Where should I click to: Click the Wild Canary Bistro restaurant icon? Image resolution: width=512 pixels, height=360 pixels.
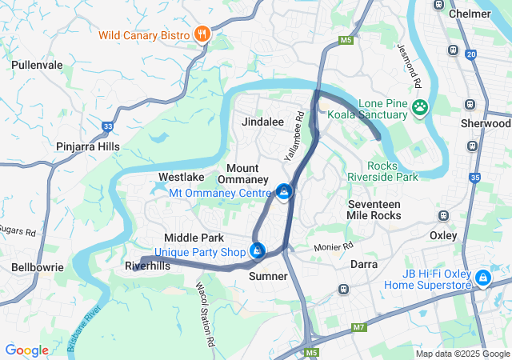202,34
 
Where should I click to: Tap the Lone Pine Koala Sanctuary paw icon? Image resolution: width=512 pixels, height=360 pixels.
420,106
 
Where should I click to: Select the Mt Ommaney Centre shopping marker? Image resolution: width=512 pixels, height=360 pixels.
283,192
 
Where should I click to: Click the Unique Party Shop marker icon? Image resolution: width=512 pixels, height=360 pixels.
257,251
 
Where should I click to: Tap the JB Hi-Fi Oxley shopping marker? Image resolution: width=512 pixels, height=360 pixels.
482,278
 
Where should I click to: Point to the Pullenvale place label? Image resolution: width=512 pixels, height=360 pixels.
37,64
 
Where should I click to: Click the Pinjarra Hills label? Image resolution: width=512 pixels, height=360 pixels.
87,146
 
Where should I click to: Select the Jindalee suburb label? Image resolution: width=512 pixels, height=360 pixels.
263,122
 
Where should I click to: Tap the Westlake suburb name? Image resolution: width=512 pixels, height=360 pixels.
181,176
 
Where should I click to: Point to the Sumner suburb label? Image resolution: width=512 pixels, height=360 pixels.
268,276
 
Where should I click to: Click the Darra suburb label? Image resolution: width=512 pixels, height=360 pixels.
364,263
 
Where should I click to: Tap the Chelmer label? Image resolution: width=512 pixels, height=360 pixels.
470,14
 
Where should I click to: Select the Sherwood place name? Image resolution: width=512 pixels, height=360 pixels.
486,124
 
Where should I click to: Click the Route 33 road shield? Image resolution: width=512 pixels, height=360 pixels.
108,126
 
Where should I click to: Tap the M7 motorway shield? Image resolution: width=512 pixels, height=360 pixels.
358,327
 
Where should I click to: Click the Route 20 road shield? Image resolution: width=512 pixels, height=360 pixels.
471,54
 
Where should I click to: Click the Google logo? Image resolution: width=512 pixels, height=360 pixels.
26,350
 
